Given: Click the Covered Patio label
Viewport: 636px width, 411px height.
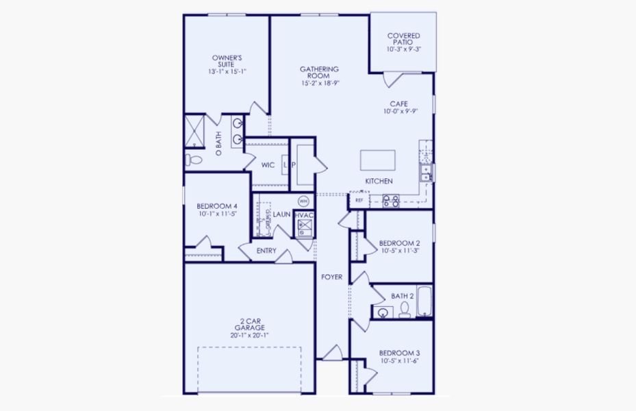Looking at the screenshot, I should (x=403, y=39).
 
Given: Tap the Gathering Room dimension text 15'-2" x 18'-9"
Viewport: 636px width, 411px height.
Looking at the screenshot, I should (x=320, y=83).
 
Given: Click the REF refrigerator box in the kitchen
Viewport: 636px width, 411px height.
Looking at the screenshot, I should (x=359, y=201).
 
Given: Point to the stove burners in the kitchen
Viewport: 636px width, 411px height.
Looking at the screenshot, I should (x=390, y=201).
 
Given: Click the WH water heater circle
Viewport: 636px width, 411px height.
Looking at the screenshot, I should (x=303, y=201).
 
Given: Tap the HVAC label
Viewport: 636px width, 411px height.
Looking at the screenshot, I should (x=304, y=215).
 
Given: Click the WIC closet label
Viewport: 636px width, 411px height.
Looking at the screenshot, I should (x=268, y=165).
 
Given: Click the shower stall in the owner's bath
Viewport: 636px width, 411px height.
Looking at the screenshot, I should (x=194, y=132).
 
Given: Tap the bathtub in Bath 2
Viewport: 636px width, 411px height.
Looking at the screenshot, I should (x=424, y=301).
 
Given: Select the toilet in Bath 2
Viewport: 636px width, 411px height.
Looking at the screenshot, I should (x=404, y=312).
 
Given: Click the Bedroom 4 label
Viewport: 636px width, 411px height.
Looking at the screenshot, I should (x=217, y=206).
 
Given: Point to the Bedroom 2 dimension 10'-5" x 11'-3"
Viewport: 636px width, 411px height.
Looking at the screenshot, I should (x=399, y=251).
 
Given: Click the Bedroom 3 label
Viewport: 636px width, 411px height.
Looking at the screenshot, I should (x=399, y=353).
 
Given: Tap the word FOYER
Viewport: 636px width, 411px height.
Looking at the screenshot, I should (x=332, y=277).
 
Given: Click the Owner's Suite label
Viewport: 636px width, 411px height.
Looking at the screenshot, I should (x=227, y=60).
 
